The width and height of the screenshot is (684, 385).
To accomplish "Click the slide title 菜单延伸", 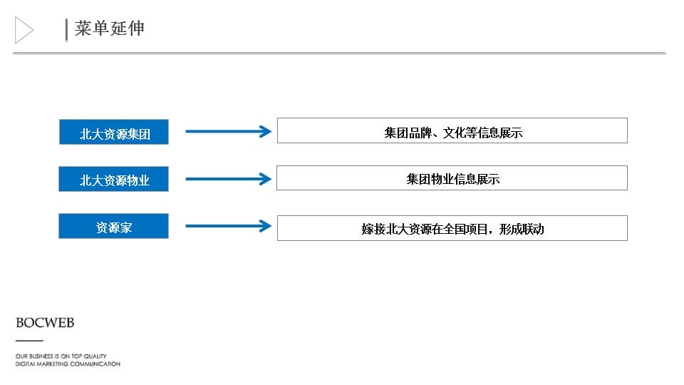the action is pos(109,29).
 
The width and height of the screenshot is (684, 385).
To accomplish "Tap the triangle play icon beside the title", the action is pos(24,30).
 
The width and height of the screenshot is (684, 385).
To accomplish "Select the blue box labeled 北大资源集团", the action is pos(114,132).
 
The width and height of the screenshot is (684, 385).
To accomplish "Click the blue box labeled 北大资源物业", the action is pos(114,179).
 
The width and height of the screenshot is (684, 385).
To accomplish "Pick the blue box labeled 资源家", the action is pos(114,226).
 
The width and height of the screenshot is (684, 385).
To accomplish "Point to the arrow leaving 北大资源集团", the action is pos(228,131).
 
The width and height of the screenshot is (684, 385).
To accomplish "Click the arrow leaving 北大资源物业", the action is pos(228,178).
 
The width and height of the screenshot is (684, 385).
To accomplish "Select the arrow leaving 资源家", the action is pos(228,226).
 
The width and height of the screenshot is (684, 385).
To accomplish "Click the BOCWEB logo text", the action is pos(45,323).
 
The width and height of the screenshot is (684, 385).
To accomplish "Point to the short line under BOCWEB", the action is pos(29,341).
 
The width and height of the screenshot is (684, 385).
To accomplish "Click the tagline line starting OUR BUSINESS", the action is pos(61,356).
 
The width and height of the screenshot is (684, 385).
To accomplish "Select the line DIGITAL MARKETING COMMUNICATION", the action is pos(68,364).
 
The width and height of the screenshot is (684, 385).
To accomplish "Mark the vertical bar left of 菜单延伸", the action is pos(66,30).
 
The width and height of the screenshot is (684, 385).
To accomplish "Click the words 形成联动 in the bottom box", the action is pos(522,229).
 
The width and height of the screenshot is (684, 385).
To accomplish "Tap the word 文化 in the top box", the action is pos(454,133).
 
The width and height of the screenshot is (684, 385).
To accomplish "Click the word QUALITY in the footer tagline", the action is pos(95,356).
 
